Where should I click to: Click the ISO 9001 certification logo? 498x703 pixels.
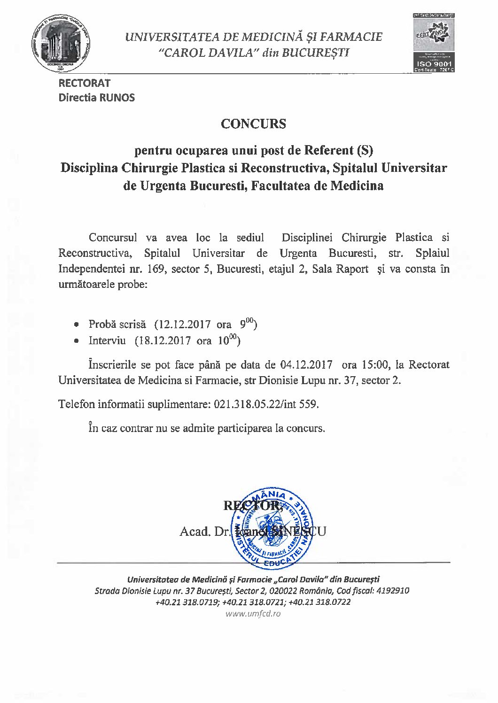point(433,43)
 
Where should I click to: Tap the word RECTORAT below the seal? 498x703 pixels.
point(85,83)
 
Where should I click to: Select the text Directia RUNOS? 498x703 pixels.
point(96,98)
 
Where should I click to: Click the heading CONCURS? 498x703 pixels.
point(253,124)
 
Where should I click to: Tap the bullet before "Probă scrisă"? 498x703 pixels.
point(77,325)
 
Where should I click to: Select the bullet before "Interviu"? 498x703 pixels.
point(77,341)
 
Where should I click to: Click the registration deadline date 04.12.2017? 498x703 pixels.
point(306,364)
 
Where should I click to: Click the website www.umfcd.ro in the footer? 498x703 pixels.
point(253,614)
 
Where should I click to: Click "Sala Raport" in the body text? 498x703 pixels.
point(340,269)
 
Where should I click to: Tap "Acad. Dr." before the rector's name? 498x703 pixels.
point(203,532)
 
